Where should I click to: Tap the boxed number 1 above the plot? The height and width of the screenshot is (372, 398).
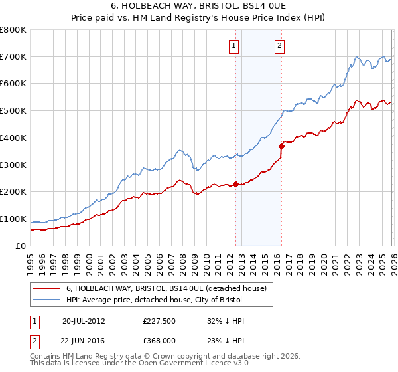pos(235,46)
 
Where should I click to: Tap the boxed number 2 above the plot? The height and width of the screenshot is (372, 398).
pos(279,46)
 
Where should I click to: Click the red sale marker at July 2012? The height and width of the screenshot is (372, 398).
pos(235,185)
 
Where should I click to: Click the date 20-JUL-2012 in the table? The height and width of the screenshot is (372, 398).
pos(83,321)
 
